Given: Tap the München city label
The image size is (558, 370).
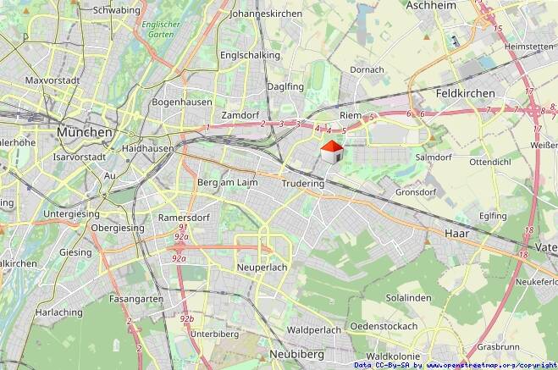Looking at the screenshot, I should point(85,133).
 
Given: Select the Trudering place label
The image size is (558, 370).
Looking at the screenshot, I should point(302,183).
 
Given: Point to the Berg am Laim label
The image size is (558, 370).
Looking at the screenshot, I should point(226,183).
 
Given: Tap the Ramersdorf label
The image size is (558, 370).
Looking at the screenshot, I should point(182,218).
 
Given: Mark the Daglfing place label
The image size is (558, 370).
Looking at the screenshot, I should point(284,86).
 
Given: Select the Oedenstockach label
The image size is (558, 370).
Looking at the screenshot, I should point(384,326).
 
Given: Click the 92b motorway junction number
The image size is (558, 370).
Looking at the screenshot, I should point(187,318).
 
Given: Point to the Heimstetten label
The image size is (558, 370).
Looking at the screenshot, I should point(530,47).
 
